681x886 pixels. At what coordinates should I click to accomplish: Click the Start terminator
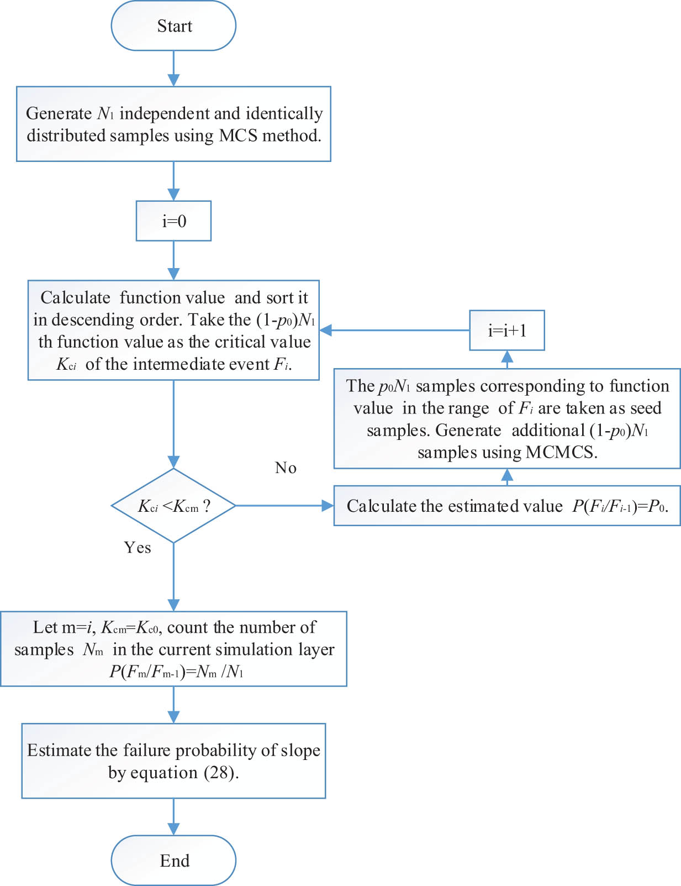tap(173, 26)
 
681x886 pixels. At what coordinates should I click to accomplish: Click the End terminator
tap(173, 860)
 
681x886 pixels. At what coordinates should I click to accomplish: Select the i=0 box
tap(173, 221)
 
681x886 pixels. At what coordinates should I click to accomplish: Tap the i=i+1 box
tap(506, 331)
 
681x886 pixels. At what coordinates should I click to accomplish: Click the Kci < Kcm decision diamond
tap(173, 506)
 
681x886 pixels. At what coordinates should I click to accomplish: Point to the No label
tap(286, 468)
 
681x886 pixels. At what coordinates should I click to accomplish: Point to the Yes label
tap(138, 548)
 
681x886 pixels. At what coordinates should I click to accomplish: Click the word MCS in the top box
tap(238, 135)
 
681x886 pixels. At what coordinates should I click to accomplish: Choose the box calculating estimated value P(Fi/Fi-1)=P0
tap(506, 506)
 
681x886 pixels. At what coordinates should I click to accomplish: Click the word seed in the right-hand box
tap(646, 408)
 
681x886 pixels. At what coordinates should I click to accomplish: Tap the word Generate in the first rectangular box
tap(59, 113)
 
